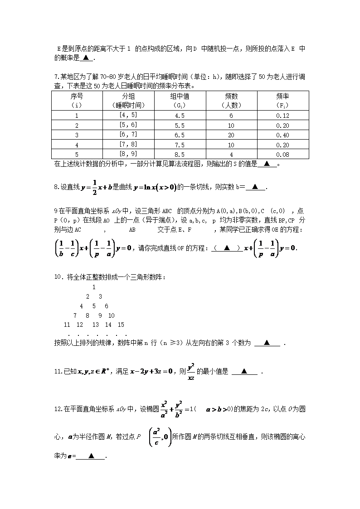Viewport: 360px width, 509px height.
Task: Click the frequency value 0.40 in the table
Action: pos(282,135)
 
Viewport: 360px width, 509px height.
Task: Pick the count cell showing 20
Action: pos(231,135)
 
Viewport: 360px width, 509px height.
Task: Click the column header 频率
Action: pos(282,96)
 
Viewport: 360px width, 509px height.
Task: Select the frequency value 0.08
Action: pos(282,155)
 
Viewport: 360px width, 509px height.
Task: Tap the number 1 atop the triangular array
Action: pos(94,287)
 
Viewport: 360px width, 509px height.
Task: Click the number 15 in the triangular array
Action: pos(121,325)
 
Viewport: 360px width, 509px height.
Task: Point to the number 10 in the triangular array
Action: pos(112,315)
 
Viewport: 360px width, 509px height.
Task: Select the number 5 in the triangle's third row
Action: pos(94,306)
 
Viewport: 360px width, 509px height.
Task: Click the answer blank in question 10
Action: pos(267,343)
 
